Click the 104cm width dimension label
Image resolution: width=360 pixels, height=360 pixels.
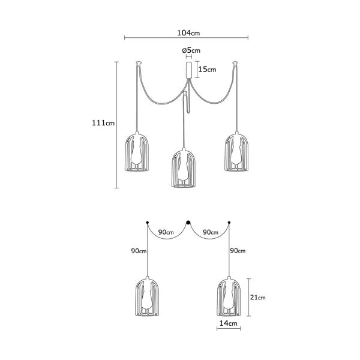point(188,33)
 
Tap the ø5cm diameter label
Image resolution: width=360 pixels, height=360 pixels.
point(191,50)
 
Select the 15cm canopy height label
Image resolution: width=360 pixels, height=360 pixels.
point(207,69)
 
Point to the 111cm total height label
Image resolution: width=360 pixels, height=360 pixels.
point(103,123)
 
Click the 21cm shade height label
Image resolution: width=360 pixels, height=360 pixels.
point(257,298)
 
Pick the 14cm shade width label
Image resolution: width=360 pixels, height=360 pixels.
point(228,323)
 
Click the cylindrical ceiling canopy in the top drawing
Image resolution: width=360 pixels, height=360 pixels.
point(189,70)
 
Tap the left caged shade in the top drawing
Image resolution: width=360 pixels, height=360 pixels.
point(137,152)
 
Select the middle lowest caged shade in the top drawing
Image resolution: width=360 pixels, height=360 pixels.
point(184,168)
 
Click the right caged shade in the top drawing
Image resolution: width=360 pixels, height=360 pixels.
point(236,152)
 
